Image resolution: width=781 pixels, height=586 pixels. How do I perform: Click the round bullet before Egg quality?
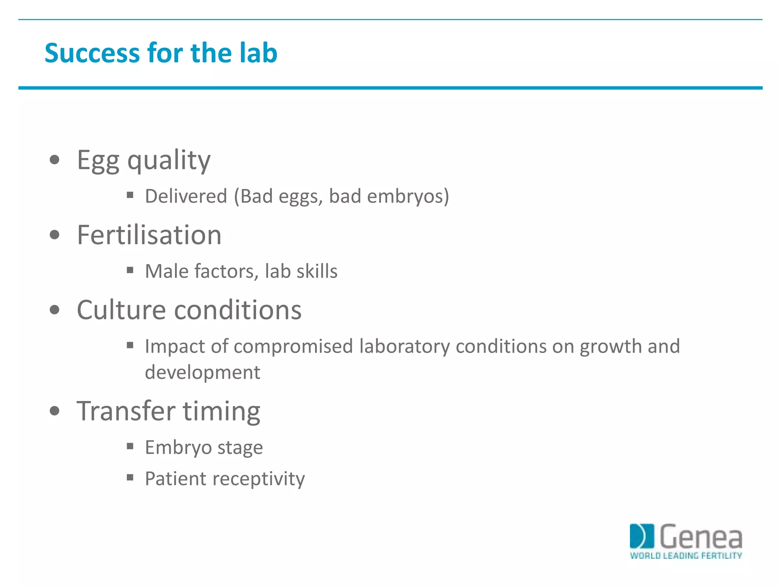pos(55,159)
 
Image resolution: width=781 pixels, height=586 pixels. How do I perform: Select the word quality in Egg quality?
pos(169,161)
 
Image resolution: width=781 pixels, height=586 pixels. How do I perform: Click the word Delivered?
pos(186,196)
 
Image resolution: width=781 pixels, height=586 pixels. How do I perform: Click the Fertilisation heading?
pos(149,235)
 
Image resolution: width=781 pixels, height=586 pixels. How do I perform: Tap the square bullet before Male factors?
pos(130,270)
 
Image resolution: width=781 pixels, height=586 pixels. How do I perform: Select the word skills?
pos(317,271)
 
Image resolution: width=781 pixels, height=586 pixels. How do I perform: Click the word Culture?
pos(121,309)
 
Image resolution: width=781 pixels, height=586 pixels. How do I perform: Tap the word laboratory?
pos(404,347)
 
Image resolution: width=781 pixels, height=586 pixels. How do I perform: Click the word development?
pos(202,372)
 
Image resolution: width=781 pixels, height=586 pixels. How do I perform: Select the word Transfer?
pos(126,411)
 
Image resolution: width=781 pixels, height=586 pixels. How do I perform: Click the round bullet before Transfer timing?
pos(55,411)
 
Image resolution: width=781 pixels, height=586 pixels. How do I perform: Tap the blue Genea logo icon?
pos(641,536)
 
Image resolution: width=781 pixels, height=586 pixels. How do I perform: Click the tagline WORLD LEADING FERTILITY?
pos(686,555)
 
